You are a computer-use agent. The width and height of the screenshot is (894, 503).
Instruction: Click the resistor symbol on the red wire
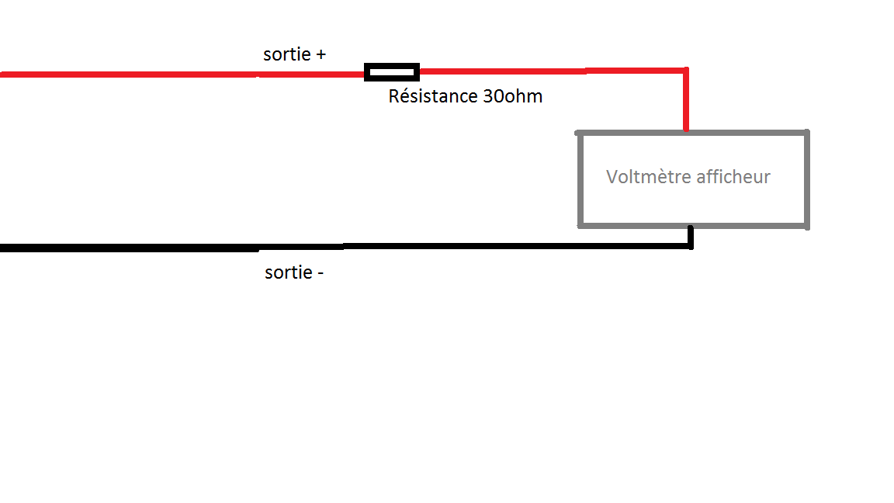[x=392, y=72]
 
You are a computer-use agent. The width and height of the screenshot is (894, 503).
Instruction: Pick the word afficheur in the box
[x=733, y=177]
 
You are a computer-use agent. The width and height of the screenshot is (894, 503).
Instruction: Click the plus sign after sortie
[x=320, y=55]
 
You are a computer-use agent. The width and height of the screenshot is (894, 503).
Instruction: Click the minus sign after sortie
[x=319, y=273]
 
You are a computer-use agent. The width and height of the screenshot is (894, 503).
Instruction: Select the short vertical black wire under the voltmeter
[x=690, y=236]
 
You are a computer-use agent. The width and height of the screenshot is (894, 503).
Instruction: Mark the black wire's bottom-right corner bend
[x=690, y=246]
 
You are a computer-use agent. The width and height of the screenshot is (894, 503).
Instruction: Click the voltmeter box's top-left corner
[x=580, y=134]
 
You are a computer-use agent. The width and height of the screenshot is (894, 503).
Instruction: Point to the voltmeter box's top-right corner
[x=807, y=134]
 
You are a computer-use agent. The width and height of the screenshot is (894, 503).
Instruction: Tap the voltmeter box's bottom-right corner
[x=807, y=226]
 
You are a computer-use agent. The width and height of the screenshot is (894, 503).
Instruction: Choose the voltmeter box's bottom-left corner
[x=580, y=226]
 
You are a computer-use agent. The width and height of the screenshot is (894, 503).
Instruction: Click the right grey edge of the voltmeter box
[x=807, y=179]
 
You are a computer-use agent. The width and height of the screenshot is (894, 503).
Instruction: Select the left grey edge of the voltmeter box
[x=580, y=179]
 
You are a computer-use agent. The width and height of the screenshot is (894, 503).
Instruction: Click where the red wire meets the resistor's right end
[x=419, y=72]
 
